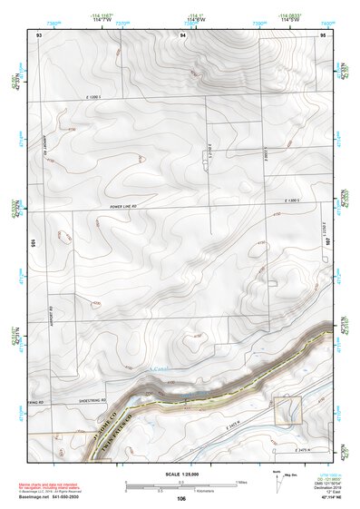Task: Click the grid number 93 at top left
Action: (39, 34)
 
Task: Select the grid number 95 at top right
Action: (323, 34)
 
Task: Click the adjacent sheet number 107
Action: (327, 243)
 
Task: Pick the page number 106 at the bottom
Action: (181, 498)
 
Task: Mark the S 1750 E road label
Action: (209, 154)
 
